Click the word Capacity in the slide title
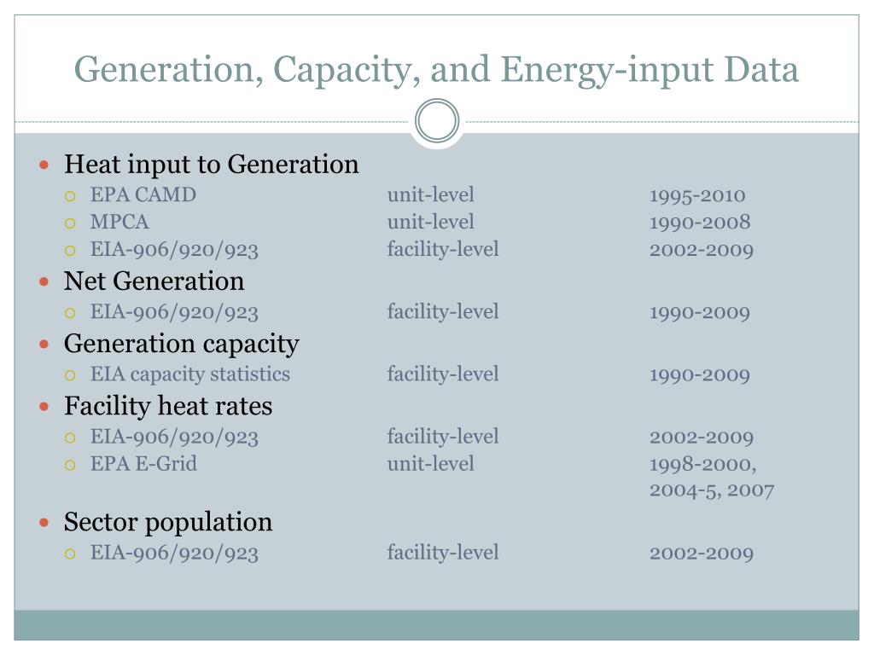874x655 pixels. point(349,70)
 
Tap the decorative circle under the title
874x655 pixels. point(437,120)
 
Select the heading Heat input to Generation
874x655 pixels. point(211,164)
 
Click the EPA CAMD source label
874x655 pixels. point(143,195)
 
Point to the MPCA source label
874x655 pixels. point(119,223)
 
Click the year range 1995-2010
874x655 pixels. point(696,195)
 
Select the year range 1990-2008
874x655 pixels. point(699,223)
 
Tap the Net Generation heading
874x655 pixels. point(154,281)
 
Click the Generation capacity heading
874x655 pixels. point(181,343)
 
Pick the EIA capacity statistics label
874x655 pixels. point(189,374)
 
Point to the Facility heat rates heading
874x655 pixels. point(168,405)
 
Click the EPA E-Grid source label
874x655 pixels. point(143,464)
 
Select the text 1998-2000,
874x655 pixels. point(702,464)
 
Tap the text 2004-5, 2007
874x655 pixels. point(711,490)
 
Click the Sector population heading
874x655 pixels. point(168,521)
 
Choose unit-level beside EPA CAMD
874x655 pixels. point(430,195)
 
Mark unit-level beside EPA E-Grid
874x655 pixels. point(430,464)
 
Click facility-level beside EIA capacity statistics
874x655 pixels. point(442,374)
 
